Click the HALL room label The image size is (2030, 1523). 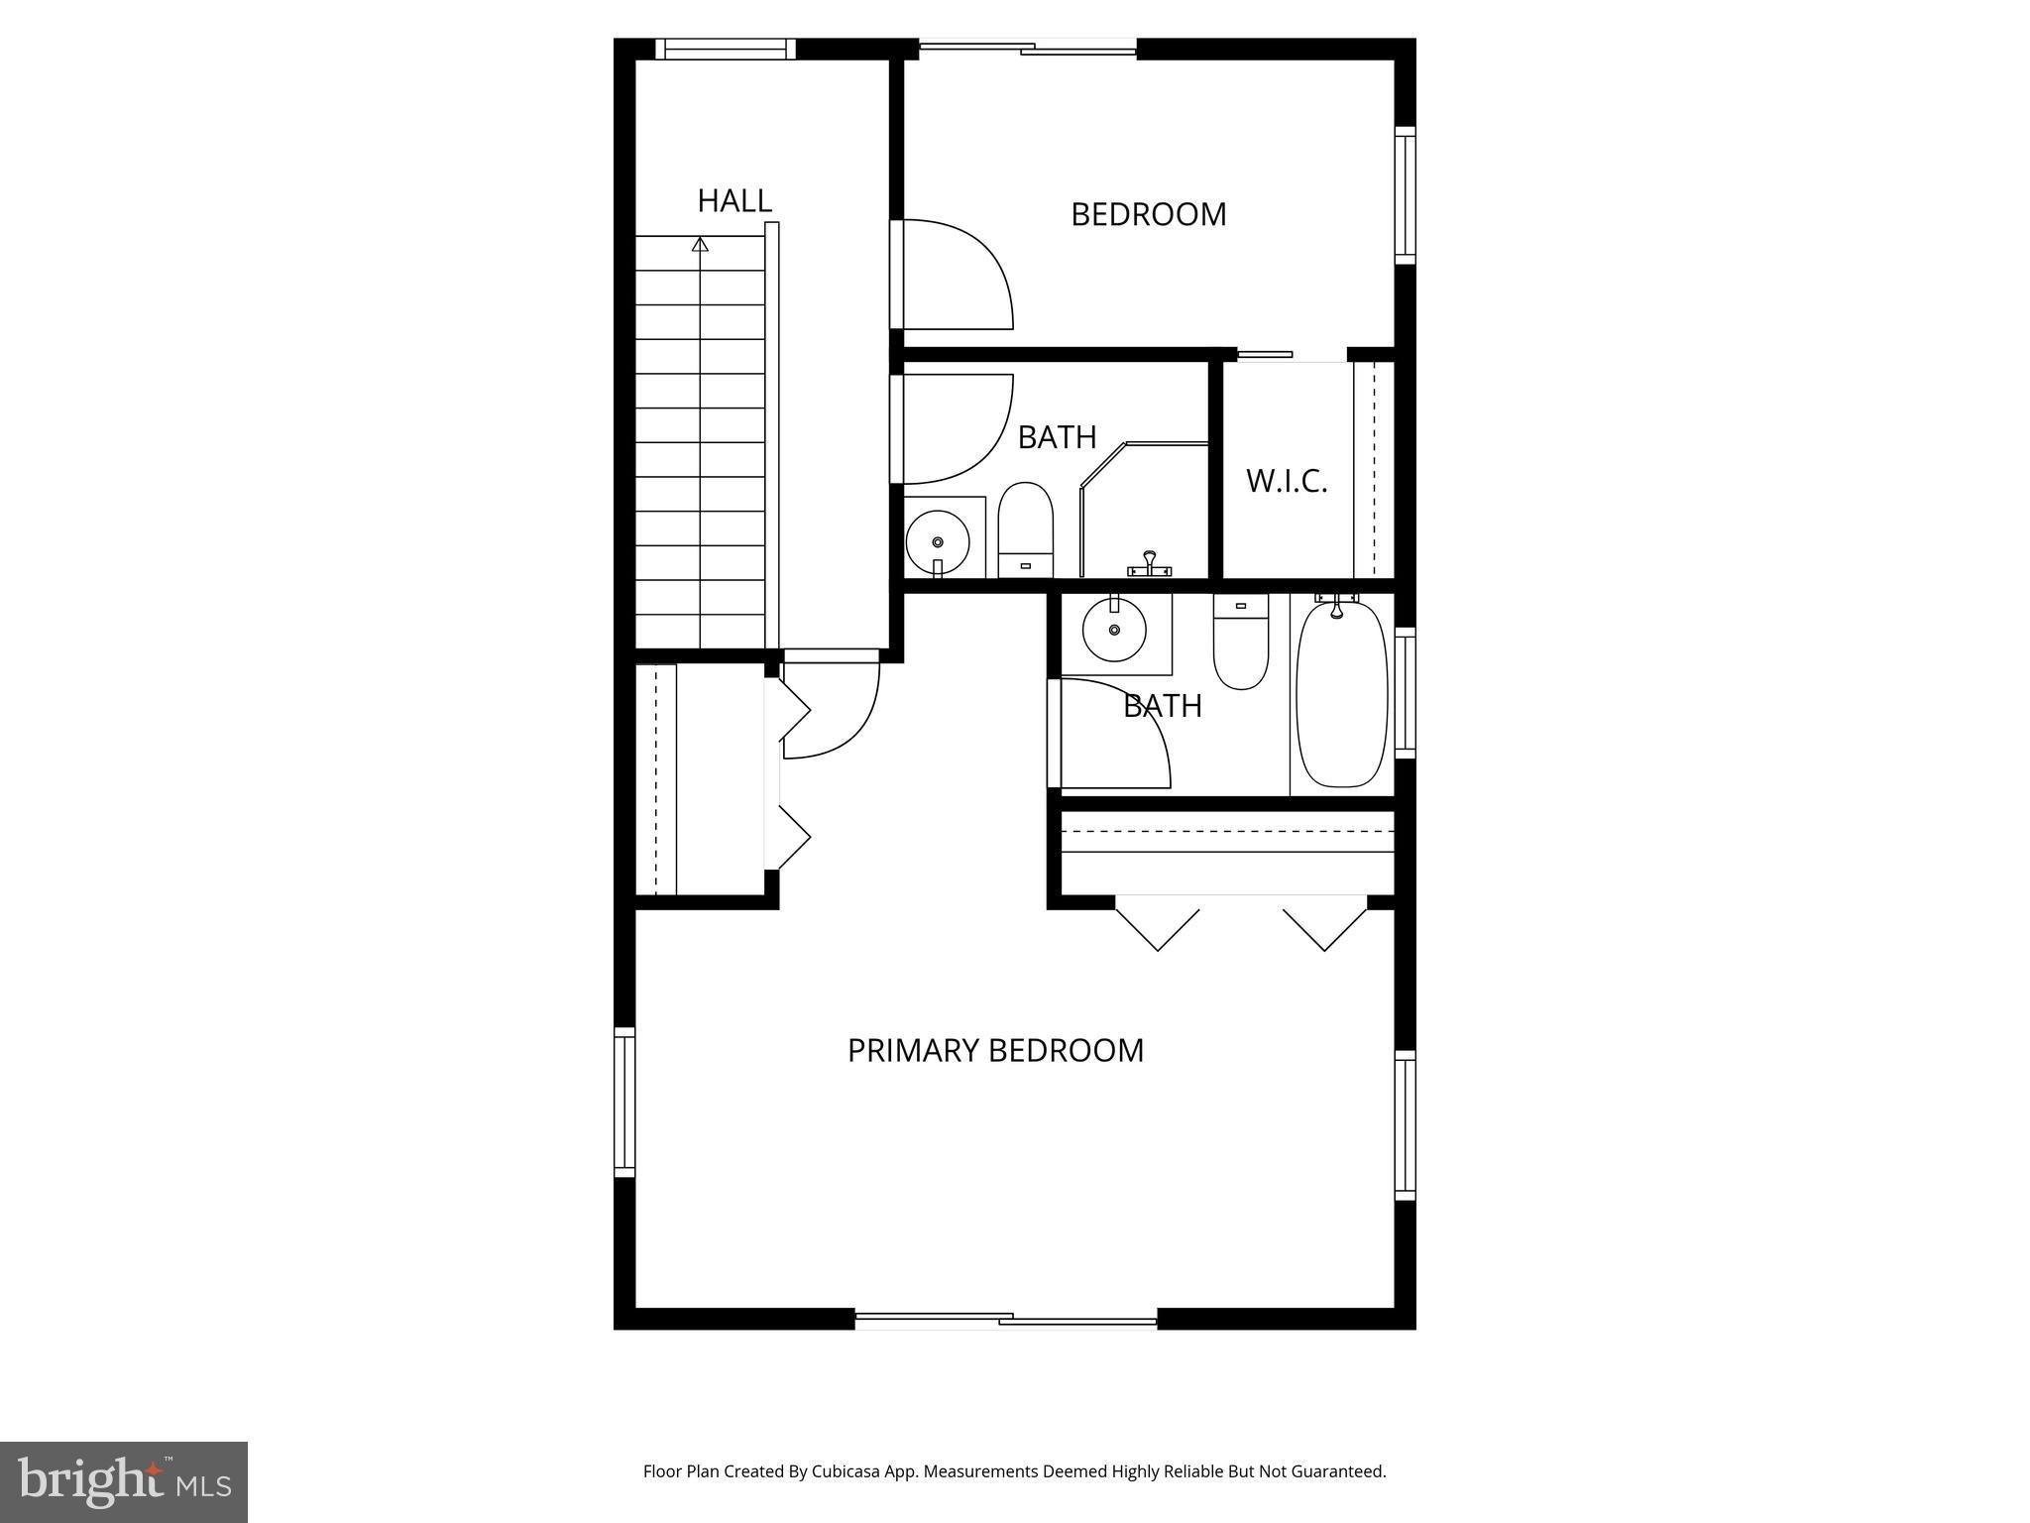coord(733,201)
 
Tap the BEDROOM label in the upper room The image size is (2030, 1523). coord(1148,214)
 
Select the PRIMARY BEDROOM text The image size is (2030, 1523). coord(995,1050)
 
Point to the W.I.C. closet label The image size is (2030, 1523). coord(1286,482)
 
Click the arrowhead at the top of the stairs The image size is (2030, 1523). coord(701,243)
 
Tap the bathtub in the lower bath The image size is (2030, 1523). coord(1342,694)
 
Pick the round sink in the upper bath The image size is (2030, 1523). coord(938,540)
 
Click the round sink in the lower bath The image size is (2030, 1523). coord(1114,628)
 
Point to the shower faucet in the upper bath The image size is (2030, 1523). coord(1150,564)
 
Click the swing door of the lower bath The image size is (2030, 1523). coord(1115,735)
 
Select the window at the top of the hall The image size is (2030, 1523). coord(726,49)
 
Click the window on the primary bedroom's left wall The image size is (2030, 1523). coord(624,1102)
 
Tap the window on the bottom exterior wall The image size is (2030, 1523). coord(1005,1319)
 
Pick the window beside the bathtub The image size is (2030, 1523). coord(1405,692)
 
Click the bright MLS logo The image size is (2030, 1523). coord(124,1481)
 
